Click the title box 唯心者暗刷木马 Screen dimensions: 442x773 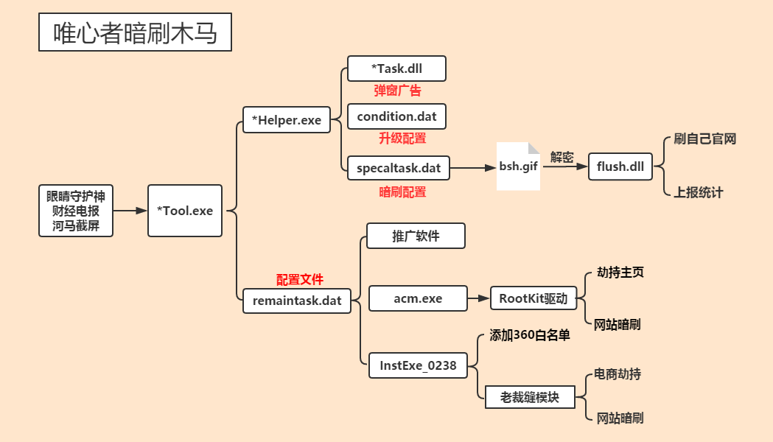[x=135, y=33]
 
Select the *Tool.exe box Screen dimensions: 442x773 [x=185, y=211]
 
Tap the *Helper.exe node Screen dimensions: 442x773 [x=287, y=120]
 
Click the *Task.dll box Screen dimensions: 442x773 [x=397, y=69]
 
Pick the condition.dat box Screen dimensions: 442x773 [x=396, y=116]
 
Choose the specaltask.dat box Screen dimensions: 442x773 [x=399, y=167]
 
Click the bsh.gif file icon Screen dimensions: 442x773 [x=519, y=166]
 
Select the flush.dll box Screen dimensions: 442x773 [x=620, y=166]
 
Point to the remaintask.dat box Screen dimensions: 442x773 [x=297, y=301]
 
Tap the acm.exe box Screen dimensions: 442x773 [x=418, y=298]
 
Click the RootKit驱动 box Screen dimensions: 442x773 [x=533, y=298]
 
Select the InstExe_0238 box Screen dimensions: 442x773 [x=418, y=365]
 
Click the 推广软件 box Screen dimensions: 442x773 [x=416, y=236]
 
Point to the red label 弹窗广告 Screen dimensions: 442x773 [x=398, y=91]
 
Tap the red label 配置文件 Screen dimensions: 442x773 [x=300, y=280]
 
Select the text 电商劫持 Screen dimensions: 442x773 [x=618, y=374]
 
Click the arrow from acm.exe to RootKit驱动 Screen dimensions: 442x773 [x=479, y=298]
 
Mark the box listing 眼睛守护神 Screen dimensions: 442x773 [x=76, y=211]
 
